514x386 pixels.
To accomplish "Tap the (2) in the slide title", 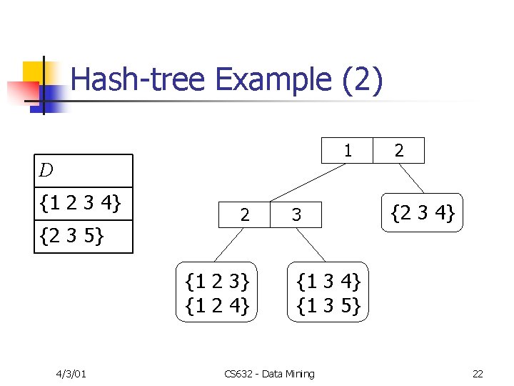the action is coord(363,80).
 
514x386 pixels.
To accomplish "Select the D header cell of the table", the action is coord(85,171).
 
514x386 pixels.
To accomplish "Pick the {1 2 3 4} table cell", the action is coord(85,204).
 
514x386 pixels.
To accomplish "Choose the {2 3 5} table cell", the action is coord(85,237).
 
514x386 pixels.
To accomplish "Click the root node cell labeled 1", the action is coord(347,151).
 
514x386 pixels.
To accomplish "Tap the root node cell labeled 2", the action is coord(398,151).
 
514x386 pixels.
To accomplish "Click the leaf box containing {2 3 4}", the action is coord(423,212).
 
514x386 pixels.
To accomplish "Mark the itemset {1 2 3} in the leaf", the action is coord(216,280).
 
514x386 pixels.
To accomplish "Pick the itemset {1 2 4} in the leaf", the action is coord(216,305).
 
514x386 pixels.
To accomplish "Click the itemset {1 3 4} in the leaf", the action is coord(328,280).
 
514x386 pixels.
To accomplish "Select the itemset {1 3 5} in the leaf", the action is coord(328,305).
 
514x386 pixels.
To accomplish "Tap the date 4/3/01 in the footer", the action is coord(71,374).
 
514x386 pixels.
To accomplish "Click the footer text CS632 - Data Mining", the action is coord(268,374).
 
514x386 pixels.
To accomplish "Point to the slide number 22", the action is coord(477,374).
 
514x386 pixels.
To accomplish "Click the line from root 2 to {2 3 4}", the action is coord(412,179).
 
